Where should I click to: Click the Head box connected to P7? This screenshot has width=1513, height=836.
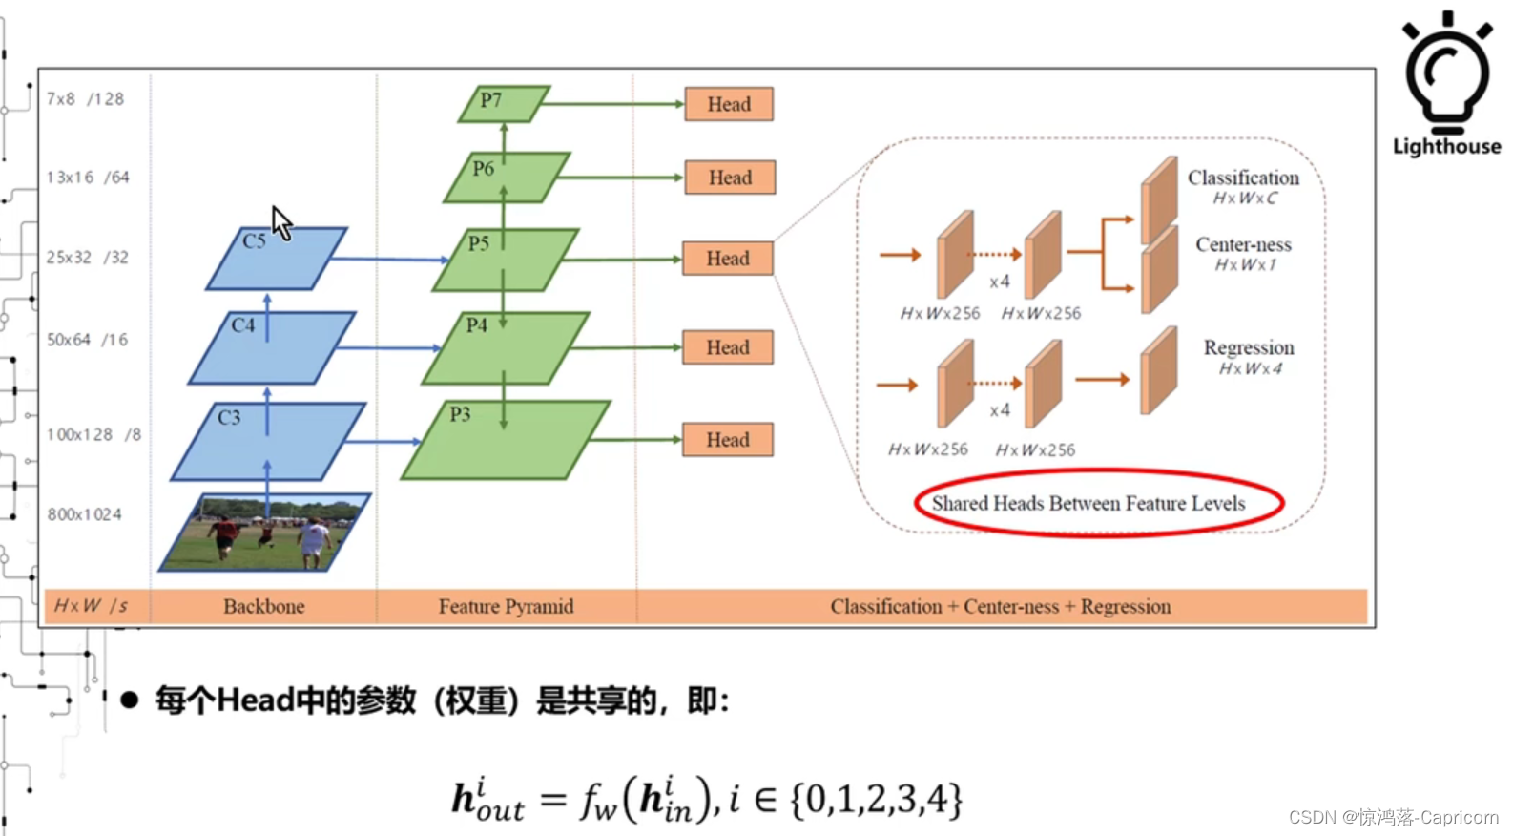[729, 104]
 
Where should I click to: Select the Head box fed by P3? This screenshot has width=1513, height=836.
[728, 440]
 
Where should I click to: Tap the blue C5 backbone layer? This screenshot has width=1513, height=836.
[277, 259]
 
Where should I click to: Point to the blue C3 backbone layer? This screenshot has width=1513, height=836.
[268, 441]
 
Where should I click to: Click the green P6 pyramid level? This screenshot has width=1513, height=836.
[507, 178]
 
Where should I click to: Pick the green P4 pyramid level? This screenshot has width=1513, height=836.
[506, 348]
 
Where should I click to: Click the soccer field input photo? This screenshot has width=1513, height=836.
[264, 533]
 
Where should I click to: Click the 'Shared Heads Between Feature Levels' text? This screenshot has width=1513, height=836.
[1088, 503]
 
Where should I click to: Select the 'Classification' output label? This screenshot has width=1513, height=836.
[1242, 178]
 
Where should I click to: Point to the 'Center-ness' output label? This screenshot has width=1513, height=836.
[1243, 244]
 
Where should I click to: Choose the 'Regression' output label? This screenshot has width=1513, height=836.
[1248, 347]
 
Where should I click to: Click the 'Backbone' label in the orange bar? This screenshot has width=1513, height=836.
[264, 606]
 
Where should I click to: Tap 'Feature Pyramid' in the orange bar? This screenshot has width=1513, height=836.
[506, 606]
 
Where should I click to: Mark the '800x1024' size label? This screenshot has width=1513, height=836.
[85, 514]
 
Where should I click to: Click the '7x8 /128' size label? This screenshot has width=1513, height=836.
[85, 99]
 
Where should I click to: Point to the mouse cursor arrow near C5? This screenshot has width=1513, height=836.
[281, 223]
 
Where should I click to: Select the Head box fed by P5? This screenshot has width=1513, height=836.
[728, 259]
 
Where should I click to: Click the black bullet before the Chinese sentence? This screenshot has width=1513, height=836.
[130, 701]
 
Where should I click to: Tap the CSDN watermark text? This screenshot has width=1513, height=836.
[1393, 817]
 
